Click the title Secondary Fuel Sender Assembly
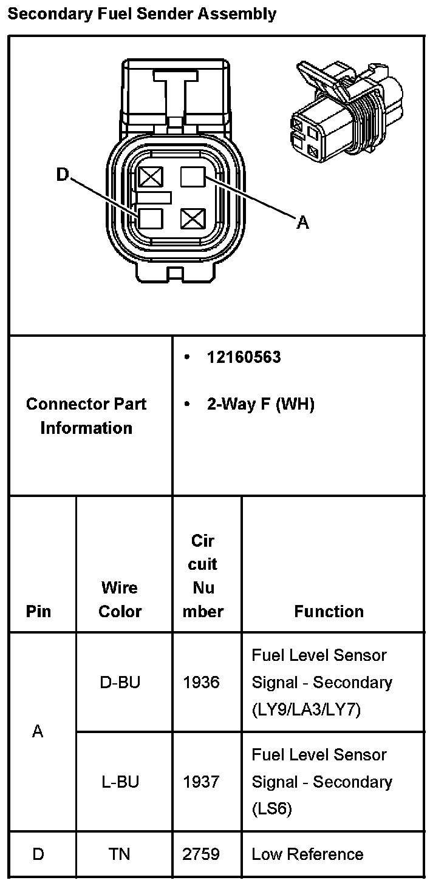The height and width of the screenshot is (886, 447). pyautogui.click(x=142, y=14)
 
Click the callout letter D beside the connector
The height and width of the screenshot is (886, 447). pyautogui.click(x=63, y=175)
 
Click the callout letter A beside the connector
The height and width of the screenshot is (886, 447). pyautogui.click(x=302, y=223)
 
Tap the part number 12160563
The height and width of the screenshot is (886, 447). pyautogui.click(x=244, y=357)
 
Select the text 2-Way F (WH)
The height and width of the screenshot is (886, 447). pyautogui.click(x=261, y=404)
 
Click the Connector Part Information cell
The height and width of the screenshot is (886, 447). pyautogui.click(x=86, y=416)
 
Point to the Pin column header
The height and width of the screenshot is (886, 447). pyautogui.click(x=38, y=611)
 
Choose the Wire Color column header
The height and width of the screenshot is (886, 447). pyautogui.click(x=120, y=600)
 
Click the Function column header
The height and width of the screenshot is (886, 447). pyautogui.click(x=329, y=611)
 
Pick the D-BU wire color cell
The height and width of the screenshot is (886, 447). pyautogui.click(x=120, y=682)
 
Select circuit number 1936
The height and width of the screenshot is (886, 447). pyautogui.click(x=201, y=682)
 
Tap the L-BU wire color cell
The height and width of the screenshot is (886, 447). pyautogui.click(x=120, y=782)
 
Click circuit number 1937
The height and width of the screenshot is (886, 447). pyautogui.click(x=201, y=782)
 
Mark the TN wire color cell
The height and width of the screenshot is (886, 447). pyautogui.click(x=120, y=854)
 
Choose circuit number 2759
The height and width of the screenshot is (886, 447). pyautogui.click(x=201, y=854)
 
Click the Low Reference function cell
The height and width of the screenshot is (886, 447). pyautogui.click(x=307, y=854)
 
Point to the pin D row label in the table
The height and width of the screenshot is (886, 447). pyautogui.click(x=38, y=854)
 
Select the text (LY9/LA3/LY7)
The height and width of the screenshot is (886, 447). pyautogui.click(x=306, y=709)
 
